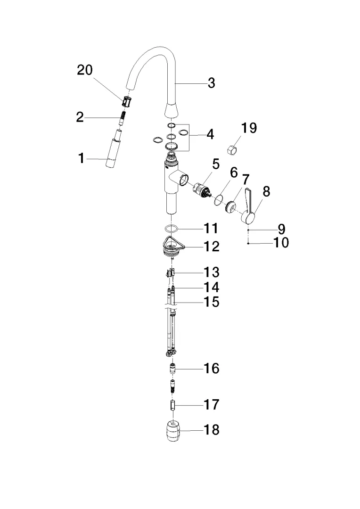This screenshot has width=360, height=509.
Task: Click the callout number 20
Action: click(85, 71)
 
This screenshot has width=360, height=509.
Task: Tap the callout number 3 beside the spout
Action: click(212, 83)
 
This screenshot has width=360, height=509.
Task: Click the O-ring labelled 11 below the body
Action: click(172, 229)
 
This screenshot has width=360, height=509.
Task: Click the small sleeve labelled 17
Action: click(172, 405)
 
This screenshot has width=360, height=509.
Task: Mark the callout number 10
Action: click(281, 243)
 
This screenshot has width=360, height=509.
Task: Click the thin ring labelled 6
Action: click(218, 200)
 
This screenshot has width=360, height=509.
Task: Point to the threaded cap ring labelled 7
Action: click(231, 206)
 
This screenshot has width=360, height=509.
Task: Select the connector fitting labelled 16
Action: click(172, 368)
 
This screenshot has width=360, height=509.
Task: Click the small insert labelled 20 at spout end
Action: click(126, 101)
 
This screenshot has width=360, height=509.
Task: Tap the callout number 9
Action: click(281, 230)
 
